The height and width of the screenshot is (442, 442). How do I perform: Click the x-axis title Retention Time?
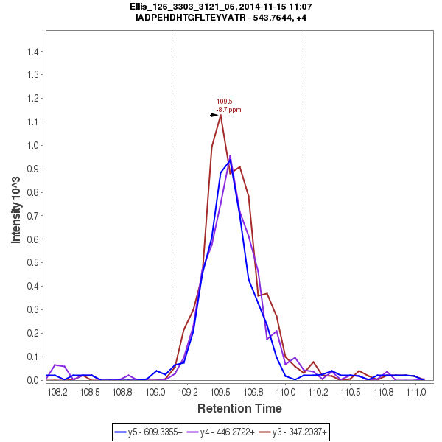(x=238, y=408)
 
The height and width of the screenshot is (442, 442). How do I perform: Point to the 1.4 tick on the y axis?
(x=33, y=52)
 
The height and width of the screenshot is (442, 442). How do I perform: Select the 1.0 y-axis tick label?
(x=33, y=145)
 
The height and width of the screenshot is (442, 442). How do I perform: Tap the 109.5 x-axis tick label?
(x=220, y=393)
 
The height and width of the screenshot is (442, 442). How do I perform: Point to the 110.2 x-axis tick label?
(x=318, y=393)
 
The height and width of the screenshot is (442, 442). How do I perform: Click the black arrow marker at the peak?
(x=214, y=115)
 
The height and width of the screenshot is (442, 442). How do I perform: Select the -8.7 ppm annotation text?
(x=228, y=110)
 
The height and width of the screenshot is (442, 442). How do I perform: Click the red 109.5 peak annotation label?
(x=224, y=102)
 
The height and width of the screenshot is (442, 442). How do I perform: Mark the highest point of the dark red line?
(x=220, y=115)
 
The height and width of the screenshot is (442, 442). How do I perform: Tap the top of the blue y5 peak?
(x=230, y=160)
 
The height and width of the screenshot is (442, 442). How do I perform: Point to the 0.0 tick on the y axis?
(x=33, y=380)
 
